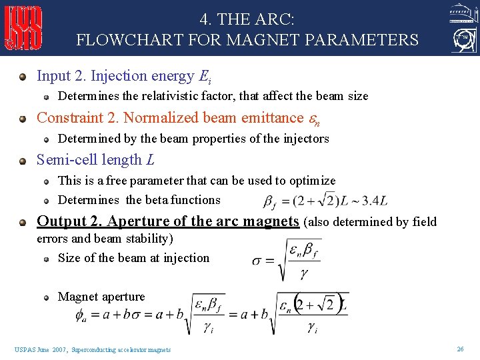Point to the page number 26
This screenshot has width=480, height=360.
(x=460, y=349)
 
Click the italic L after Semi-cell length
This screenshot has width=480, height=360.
(x=149, y=160)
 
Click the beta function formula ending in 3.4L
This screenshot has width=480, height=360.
(x=325, y=199)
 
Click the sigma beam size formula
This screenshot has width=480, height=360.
(x=287, y=260)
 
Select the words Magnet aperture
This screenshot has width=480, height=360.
(x=101, y=297)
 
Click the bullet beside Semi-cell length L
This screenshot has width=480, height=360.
(x=24, y=161)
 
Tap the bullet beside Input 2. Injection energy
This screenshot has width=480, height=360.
(x=24, y=77)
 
